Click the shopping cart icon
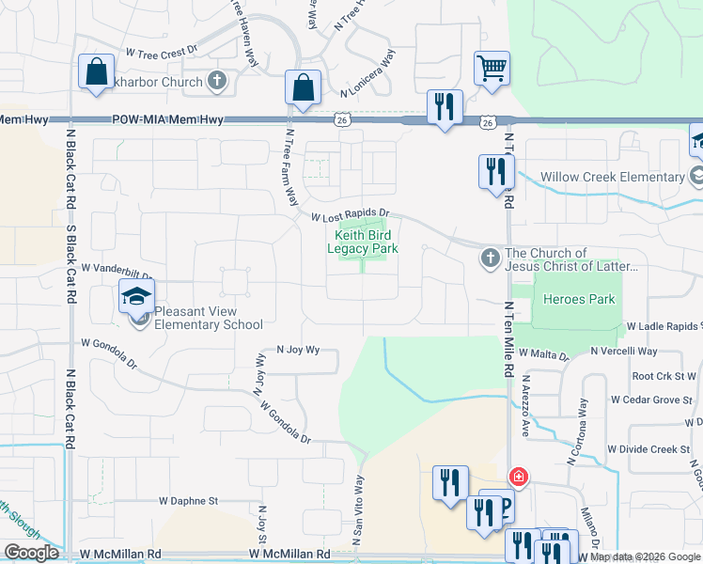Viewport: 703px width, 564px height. tap(492, 68)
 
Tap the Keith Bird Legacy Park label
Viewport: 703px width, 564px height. tap(363, 242)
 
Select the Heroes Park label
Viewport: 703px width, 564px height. tap(578, 300)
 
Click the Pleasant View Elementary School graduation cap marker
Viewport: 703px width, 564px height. tap(136, 297)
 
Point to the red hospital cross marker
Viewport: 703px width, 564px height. tap(517, 478)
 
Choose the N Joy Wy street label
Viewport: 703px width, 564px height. tap(298, 350)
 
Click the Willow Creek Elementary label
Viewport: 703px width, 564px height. tap(612, 177)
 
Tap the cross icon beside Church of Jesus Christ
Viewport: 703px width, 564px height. tap(490, 258)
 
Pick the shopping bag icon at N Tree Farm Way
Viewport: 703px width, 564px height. tap(303, 87)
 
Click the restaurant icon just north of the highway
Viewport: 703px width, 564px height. tap(443, 105)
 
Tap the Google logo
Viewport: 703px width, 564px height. tap(31, 553)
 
